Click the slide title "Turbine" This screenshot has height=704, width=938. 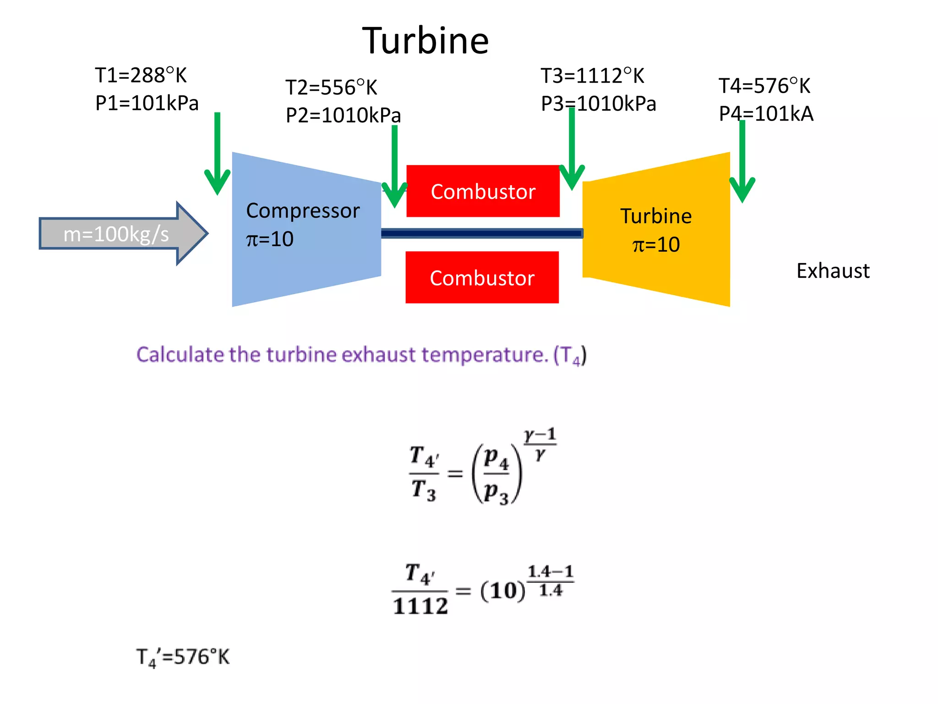[x=425, y=41]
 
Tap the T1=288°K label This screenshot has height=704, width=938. [x=141, y=75]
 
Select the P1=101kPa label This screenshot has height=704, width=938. [x=147, y=103]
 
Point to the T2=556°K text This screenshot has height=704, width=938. [x=331, y=88]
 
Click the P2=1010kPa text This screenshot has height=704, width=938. [x=343, y=115]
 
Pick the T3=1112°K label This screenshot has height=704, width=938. [x=592, y=76]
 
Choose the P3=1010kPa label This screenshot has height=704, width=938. [x=598, y=104]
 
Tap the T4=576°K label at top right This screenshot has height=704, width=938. [x=764, y=86]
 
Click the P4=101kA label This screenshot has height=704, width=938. [x=766, y=114]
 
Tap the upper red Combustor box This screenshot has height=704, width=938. [x=483, y=191]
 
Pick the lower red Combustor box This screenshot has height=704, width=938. [x=482, y=278]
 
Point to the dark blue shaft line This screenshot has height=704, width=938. [x=481, y=234]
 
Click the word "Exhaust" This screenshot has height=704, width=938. [x=833, y=271]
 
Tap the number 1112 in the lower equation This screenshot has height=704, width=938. [x=420, y=606]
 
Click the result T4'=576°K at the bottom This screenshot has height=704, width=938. [x=183, y=657]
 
